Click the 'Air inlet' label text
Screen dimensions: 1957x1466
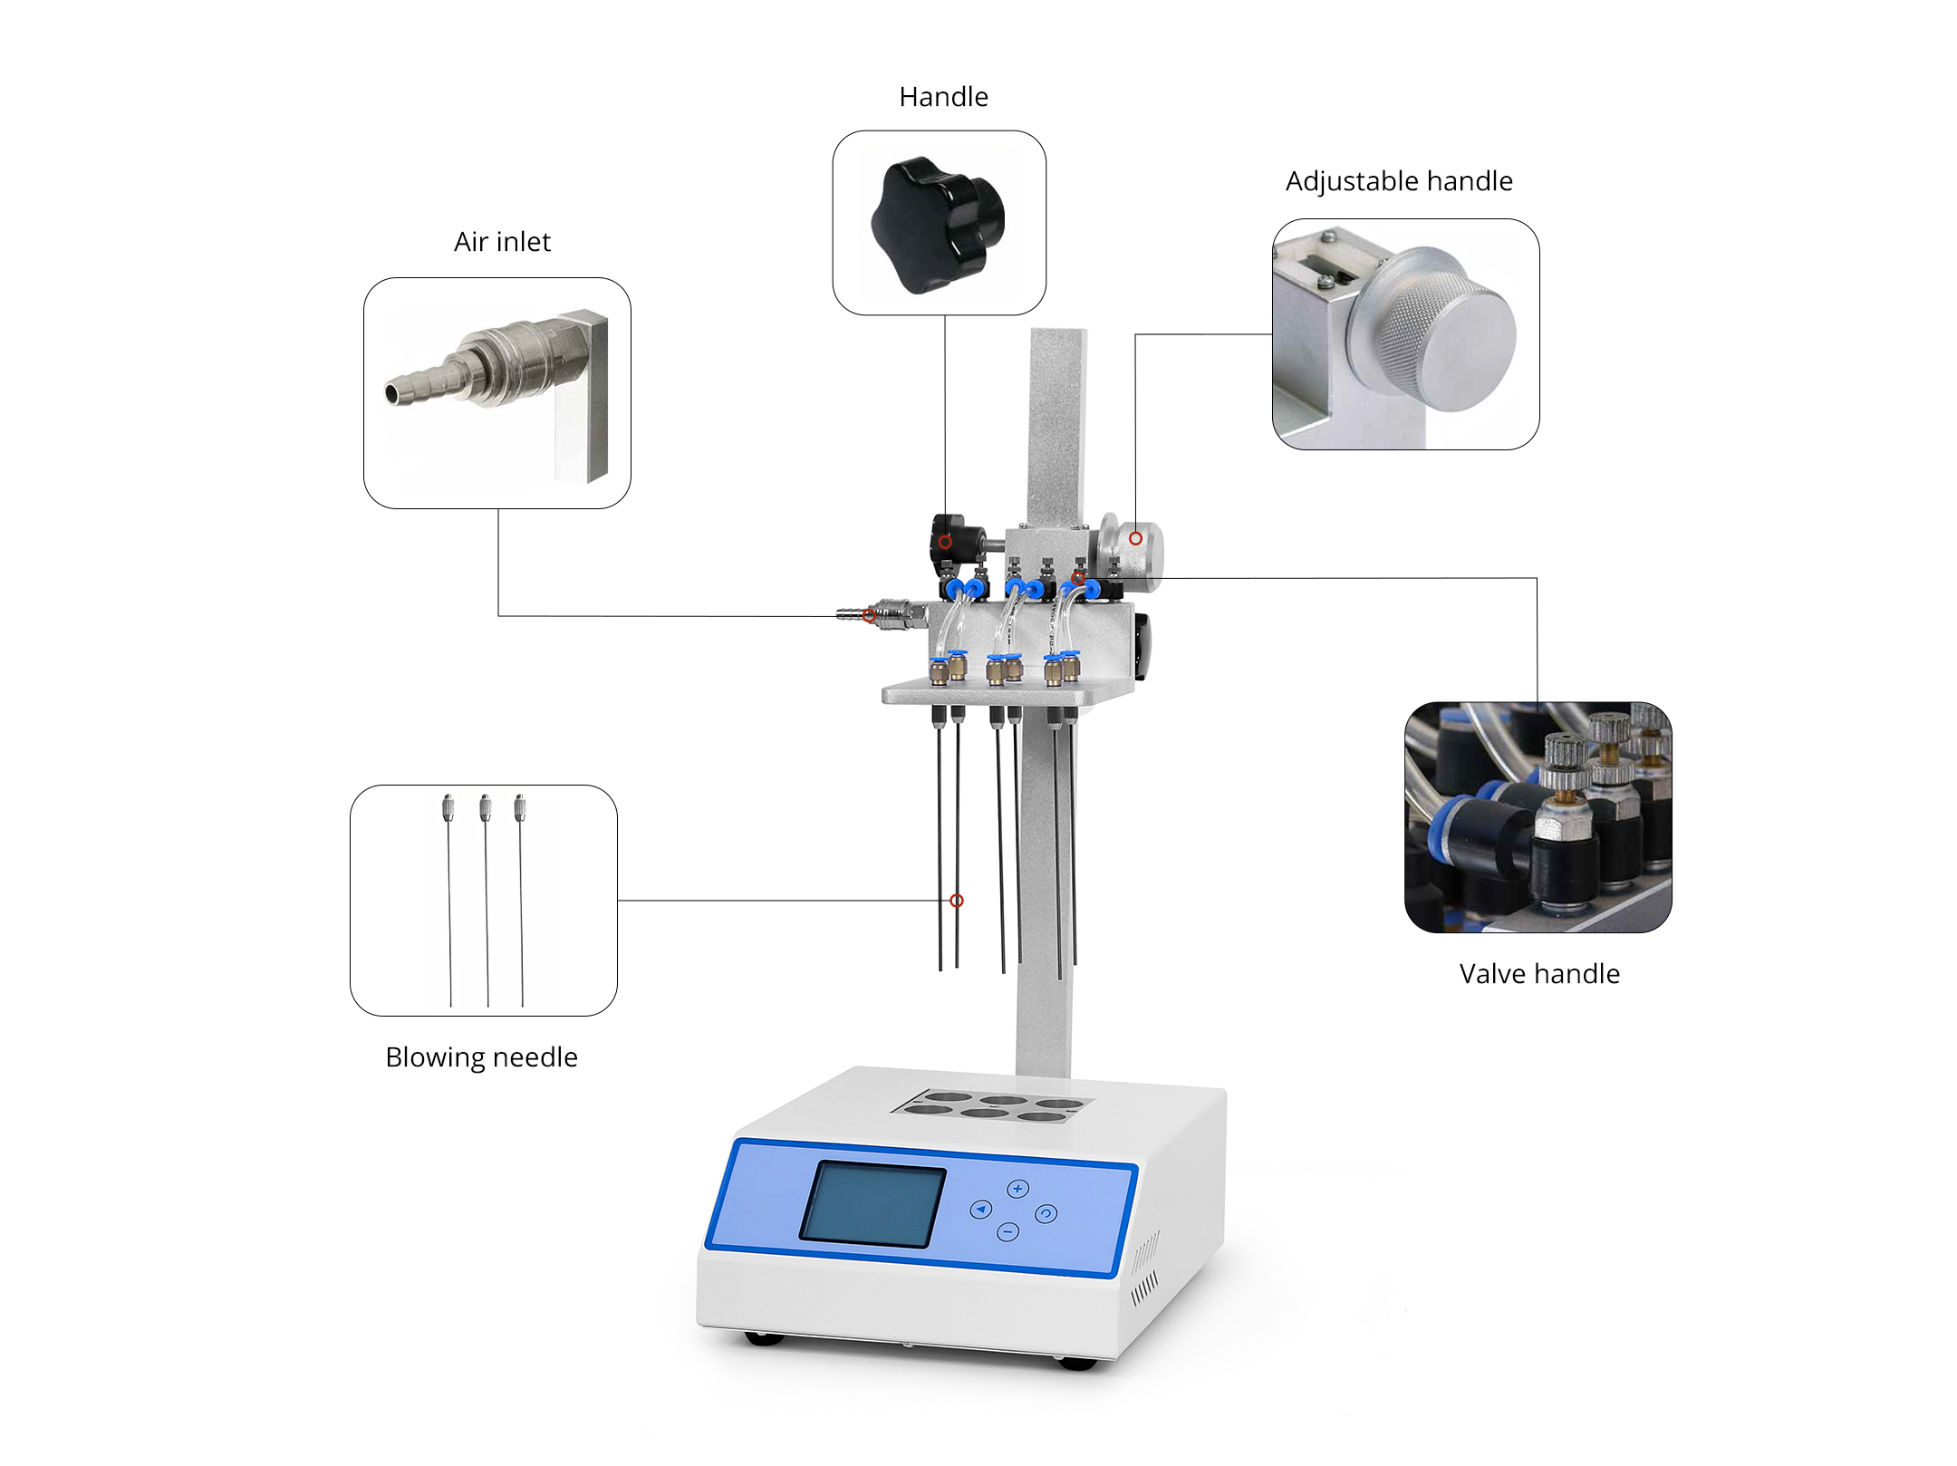pyautogui.click(x=502, y=242)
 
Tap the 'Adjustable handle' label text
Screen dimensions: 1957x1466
pyautogui.click(x=1399, y=181)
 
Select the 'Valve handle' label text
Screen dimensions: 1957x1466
pyautogui.click(x=1539, y=974)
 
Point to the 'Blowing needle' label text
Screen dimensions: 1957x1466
pyautogui.click(x=481, y=1057)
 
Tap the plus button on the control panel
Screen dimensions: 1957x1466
pyautogui.click(x=1017, y=1189)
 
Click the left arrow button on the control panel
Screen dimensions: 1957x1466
pyautogui.click(x=980, y=1210)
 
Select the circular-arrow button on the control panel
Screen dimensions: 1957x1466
pyautogui.click(x=1046, y=1214)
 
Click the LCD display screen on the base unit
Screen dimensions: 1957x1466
pyautogui.click(x=872, y=1204)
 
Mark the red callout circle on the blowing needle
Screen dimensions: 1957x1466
pyautogui.click(x=957, y=901)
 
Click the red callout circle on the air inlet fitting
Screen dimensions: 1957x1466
pyautogui.click(x=869, y=616)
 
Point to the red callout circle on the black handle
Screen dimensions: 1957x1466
pyautogui.click(x=945, y=542)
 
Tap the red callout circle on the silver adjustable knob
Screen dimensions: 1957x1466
pyautogui.click(x=1135, y=538)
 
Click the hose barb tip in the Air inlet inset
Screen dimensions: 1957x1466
pyautogui.click(x=392, y=393)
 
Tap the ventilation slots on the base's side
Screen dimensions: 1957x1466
pyautogui.click(x=1144, y=1268)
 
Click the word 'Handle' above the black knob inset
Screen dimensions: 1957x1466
pyautogui.click(x=943, y=97)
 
